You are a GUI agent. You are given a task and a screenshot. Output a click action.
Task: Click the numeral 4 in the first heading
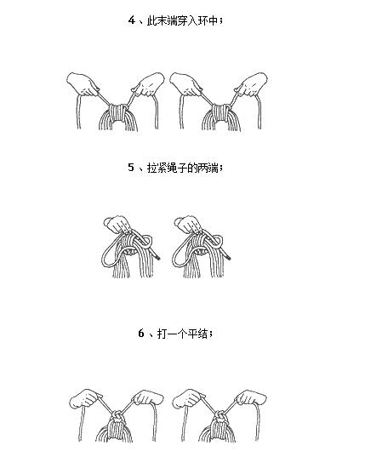pyautogui.click(x=131, y=20)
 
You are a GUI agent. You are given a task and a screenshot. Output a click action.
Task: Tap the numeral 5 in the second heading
pyautogui.click(x=131, y=167)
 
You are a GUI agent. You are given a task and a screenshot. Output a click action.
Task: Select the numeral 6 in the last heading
pyautogui.click(x=141, y=333)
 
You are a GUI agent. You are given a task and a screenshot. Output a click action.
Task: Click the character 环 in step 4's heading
pyautogui.click(x=203, y=20)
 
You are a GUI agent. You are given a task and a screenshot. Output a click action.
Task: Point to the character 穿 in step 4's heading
pyautogui.click(x=182, y=20)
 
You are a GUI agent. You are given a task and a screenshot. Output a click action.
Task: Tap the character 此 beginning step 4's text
pyautogui.click(x=152, y=20)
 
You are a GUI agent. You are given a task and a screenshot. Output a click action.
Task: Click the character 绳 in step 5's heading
pyautogui.click(x=172, y=168)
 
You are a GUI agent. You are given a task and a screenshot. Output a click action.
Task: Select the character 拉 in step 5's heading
pyautogui.click(x=152, y=168)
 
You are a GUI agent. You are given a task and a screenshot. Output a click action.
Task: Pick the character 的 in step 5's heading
pyautogui.click(x=192, y=168)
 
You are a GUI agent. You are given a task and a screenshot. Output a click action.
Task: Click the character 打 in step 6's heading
pyautogui.click(x=163, y=334)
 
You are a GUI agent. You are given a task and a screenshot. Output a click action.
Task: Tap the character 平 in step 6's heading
pyautogui.click(x=192, y=334)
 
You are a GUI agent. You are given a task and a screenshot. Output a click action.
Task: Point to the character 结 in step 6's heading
pyautogui.click(x=202, y=334)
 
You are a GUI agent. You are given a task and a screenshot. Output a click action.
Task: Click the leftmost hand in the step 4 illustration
pyautogui.click(x=83, y=84)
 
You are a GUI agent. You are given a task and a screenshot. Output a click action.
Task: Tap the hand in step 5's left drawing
pyautogui.click(x=117, y=225)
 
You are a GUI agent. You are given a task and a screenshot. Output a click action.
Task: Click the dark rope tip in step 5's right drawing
pyautogui.click(x=228, y=257)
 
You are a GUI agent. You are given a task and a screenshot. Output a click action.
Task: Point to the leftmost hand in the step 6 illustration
pyautogui.click(x=86, y=398)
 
